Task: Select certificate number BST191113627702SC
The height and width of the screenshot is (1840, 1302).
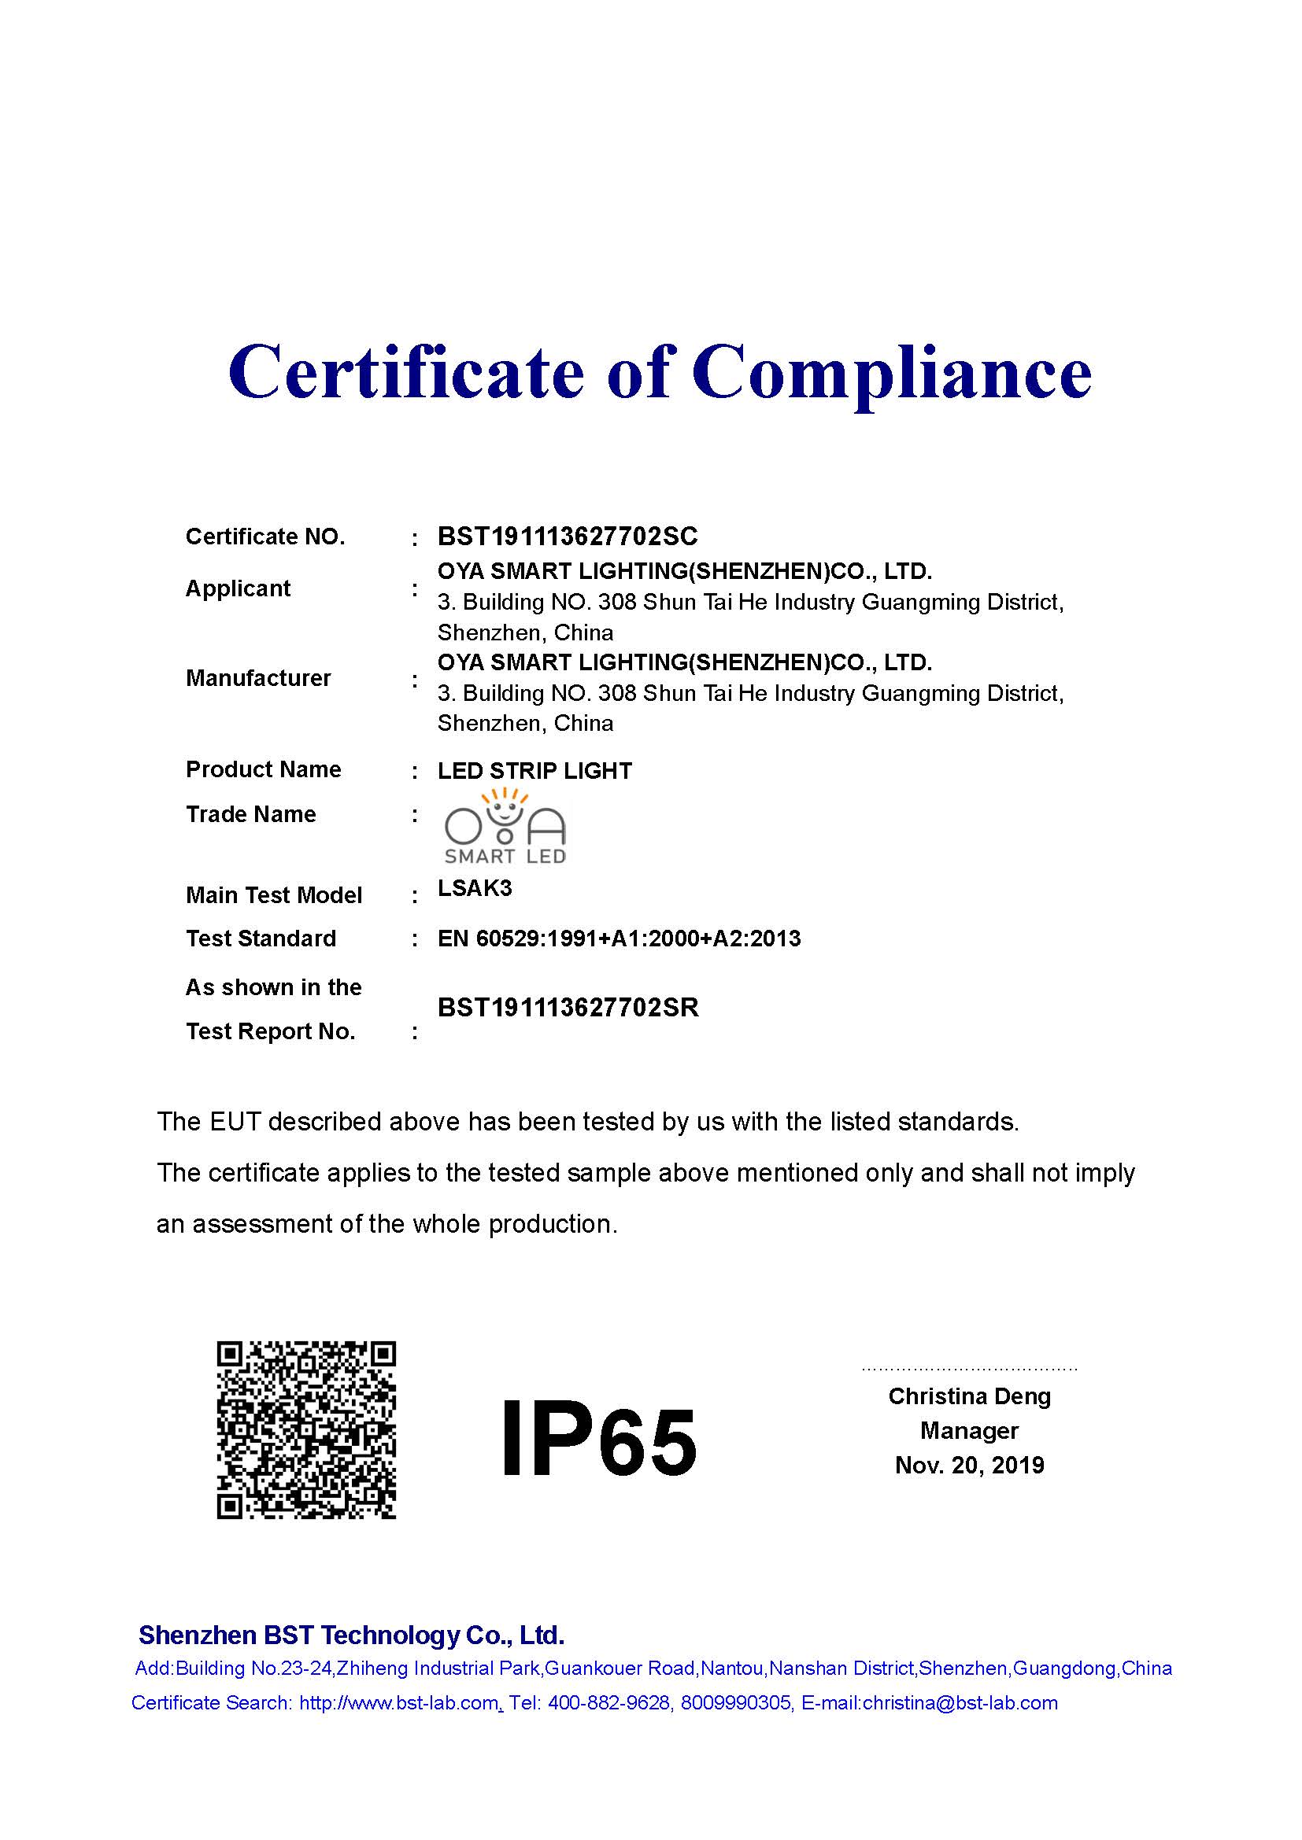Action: pyautogui.click(x=568, y=537)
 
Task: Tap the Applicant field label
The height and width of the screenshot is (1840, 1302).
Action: pyautogui.click(x=237, y=588)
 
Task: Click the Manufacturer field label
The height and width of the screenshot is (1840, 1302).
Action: pyautogui.click(x=258, y=678)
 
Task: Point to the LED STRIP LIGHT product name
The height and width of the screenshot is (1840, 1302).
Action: pyautogui.click(x=534, y=771)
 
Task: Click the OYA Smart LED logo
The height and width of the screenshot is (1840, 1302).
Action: pyautogui.click(x=505, y=827)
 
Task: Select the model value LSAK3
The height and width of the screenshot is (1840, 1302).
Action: pyautogui.click(x=475, y=888)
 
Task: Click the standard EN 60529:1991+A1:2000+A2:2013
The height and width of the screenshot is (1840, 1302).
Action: pyautogui.click(x=619, y=938)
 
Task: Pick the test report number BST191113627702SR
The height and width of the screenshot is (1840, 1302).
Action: pyautogui.click(x=568, y=1008)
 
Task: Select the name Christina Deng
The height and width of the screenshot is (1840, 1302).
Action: pyautogui.click(x=969, y=1396)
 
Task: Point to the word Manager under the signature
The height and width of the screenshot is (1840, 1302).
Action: pyautogui.click(x=969, y=1430)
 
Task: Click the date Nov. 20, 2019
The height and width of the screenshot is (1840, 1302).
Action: pyautogui.click(x=969, y=1465)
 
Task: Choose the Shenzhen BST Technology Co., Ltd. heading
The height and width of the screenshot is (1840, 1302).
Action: pyautogui.click(x=351, y=1635)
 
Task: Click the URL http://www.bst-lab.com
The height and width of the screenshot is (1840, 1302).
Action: pyautogui.click(x=398, y=1703)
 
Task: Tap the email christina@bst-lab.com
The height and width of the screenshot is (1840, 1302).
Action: pyautogui.click(x=960, y=1703)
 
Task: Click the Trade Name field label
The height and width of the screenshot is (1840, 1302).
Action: pyautogui.click(x=251, y=814)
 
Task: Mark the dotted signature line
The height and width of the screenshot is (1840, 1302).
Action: pyautogui.click(x=969, y=1369)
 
